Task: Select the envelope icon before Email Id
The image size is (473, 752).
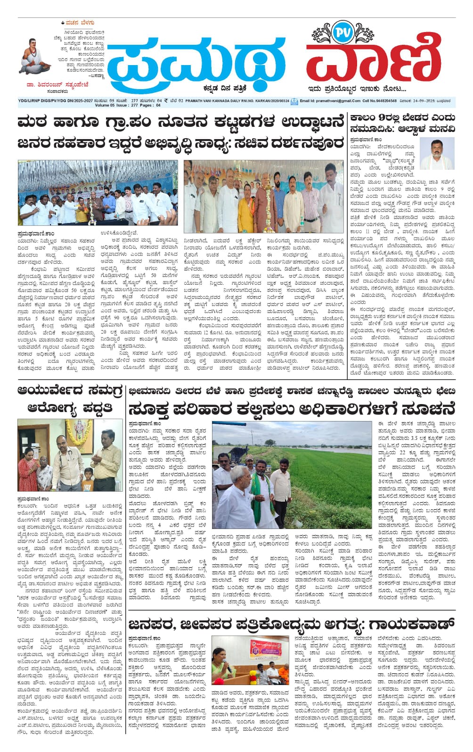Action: (x=294, y=101)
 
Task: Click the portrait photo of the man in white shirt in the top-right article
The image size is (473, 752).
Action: (x=437, y=154)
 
